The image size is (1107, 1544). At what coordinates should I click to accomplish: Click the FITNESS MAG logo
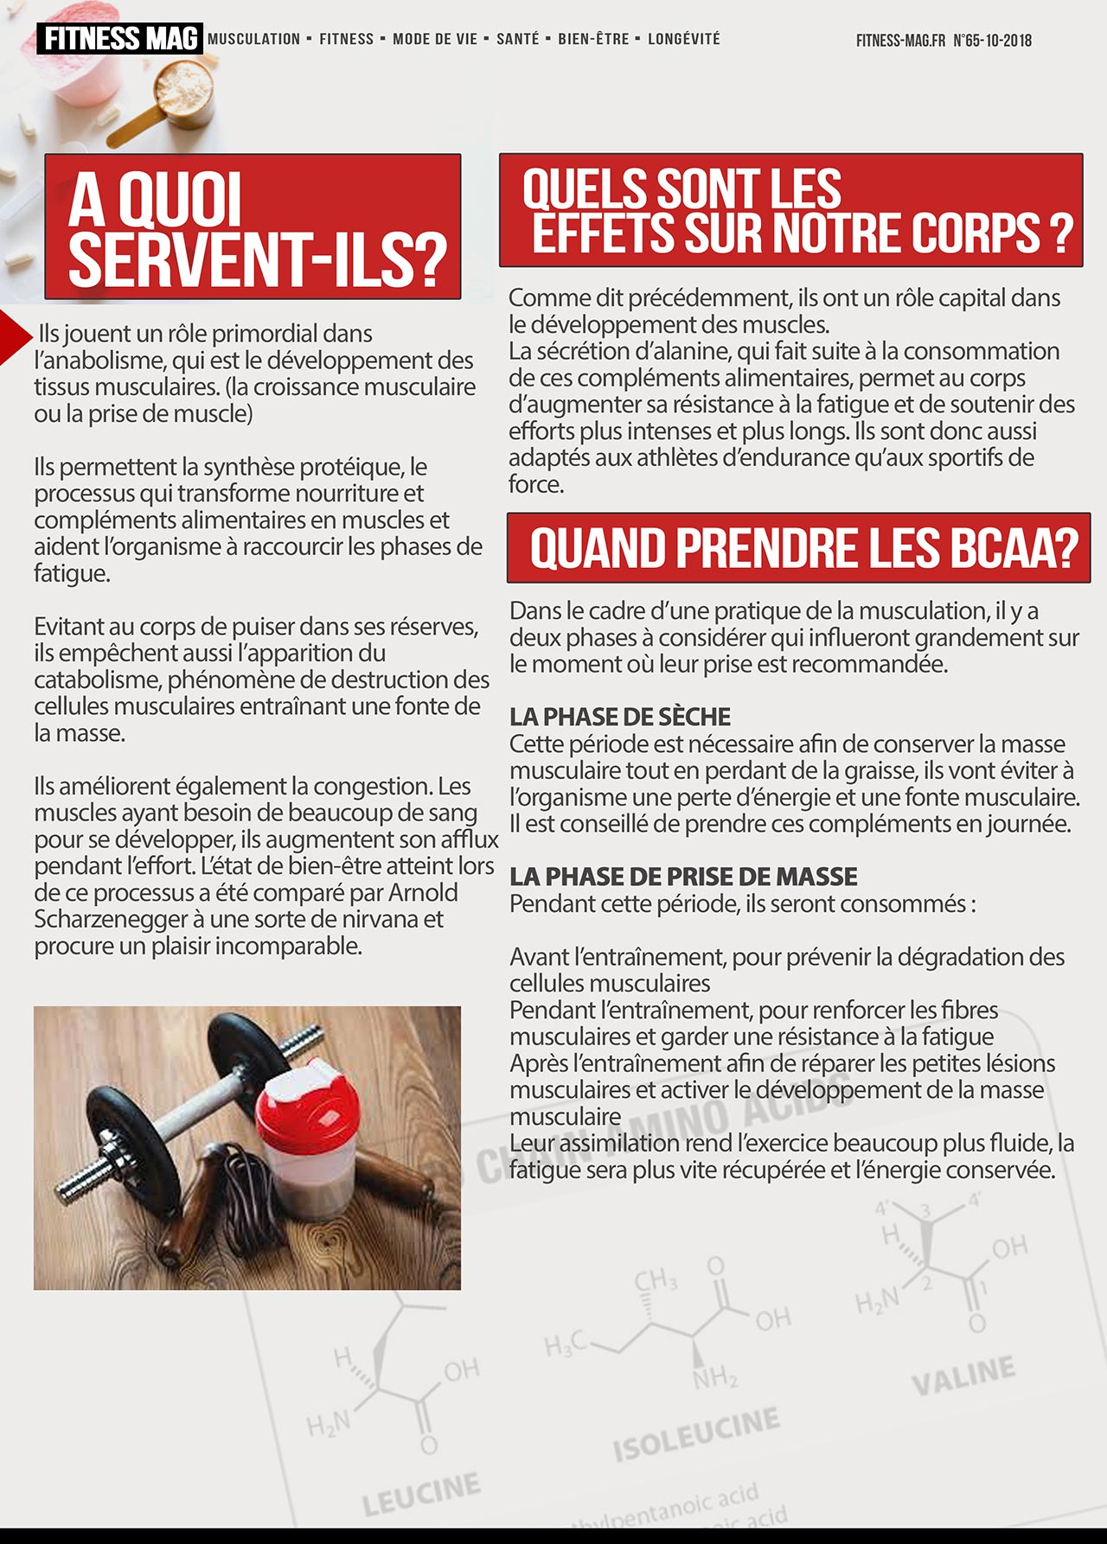119,39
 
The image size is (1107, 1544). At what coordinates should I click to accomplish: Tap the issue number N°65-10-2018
992,41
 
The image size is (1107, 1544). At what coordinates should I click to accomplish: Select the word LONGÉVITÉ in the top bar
683,39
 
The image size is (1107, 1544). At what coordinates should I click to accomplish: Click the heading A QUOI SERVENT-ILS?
253,228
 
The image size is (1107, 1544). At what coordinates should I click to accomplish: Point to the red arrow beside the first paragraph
15,335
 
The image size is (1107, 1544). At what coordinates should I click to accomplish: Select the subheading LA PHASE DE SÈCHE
619,717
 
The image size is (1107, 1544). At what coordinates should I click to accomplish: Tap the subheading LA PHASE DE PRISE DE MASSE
683,877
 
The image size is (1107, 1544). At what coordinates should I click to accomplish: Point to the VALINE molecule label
963,1376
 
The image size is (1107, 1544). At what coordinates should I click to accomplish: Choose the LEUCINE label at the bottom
420,1495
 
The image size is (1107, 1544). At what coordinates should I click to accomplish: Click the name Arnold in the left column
423,892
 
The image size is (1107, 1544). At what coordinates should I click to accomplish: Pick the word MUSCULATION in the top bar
254,39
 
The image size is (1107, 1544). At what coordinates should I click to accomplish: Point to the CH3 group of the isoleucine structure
655,1279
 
